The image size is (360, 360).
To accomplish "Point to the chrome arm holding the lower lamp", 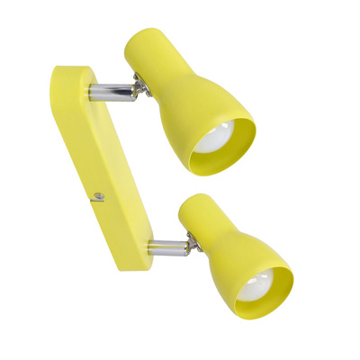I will tap(166, 247).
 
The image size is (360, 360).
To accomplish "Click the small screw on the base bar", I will tap(99, 195).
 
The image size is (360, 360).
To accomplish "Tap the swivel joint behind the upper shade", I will tap(139, 86).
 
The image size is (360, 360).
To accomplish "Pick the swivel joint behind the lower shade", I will tap(190, 241).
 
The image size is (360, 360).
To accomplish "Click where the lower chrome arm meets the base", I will tap(149, 248).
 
